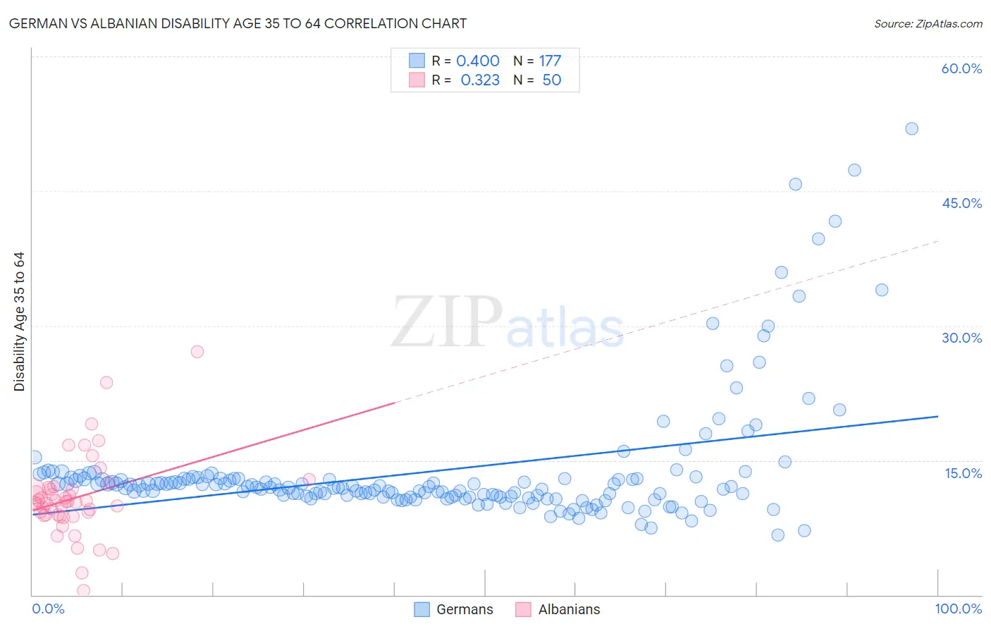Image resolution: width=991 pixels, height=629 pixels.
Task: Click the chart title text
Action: point(238,24)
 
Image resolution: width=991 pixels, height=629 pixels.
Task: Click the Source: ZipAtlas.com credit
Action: point(928,24)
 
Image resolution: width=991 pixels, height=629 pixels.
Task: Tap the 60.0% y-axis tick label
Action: point(961,68)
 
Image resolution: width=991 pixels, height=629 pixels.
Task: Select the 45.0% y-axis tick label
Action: point(961,203)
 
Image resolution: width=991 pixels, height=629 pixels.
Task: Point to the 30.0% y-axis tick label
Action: point(961,338)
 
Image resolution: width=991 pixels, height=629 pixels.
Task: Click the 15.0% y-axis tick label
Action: point(963,473)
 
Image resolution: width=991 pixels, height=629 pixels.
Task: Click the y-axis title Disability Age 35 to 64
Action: point(19,322)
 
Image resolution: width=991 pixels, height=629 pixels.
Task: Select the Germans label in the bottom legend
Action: point(464,610)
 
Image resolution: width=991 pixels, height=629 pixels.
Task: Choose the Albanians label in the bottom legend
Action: point(569,610)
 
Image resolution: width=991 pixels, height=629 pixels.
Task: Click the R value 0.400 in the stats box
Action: point(478,61)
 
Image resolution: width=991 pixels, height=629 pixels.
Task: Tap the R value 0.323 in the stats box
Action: point(480,80)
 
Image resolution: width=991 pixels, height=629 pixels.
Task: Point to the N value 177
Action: point(550,61)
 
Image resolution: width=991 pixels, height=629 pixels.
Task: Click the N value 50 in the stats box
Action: point(551,80)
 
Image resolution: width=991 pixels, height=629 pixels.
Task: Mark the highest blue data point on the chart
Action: point(911,129)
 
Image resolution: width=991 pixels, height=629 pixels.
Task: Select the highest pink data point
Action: point(197,352)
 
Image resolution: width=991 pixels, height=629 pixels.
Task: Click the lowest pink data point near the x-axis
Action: point(83,590)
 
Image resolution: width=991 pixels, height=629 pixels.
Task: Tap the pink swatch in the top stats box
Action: point(417,80)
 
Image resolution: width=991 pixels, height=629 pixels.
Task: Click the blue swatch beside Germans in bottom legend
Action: point(421,610)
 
